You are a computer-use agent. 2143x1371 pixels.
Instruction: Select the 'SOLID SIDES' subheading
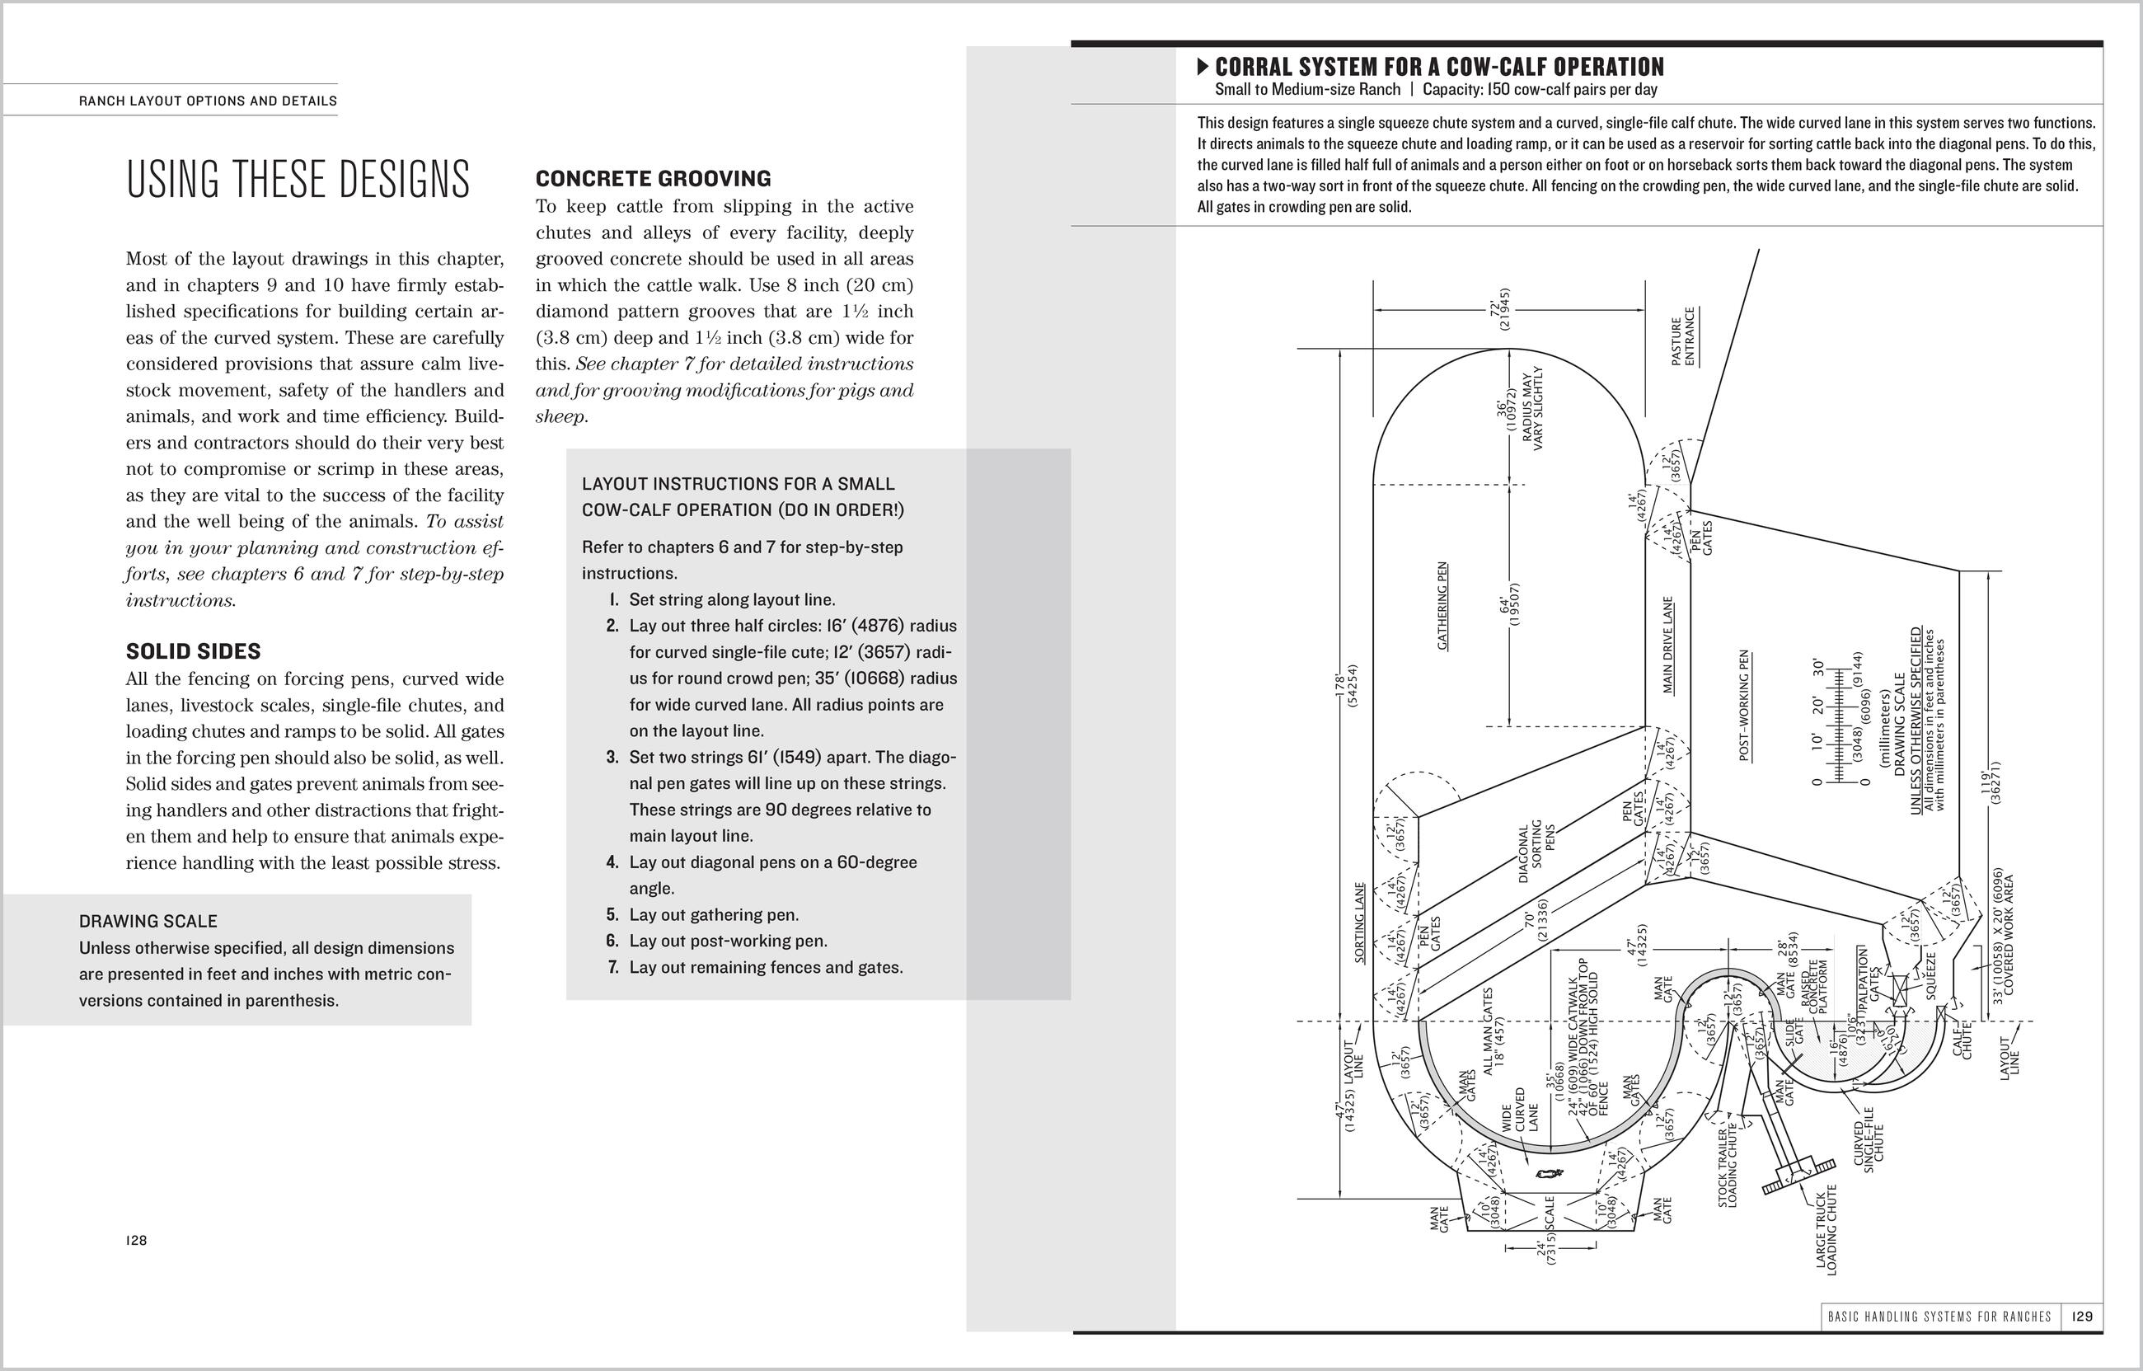point(193,650)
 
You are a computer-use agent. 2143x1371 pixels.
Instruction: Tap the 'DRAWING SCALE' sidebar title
point(148,921)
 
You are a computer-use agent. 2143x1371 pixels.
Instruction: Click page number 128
point(136,1240)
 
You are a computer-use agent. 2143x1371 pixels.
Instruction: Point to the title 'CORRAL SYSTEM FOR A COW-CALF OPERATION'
point(1438,67)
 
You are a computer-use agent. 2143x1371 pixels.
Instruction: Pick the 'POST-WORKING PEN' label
point(1743,705)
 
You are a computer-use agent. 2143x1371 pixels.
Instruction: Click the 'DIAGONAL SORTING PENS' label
point(1536,852)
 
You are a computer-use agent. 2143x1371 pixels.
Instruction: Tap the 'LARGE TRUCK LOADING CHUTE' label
point(1826,1229)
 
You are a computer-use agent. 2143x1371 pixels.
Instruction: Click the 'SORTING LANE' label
point(1359,923)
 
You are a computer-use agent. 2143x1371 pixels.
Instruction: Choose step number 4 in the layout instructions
point(612,862)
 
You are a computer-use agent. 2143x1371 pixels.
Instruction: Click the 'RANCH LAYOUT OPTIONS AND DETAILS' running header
point(208,101)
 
